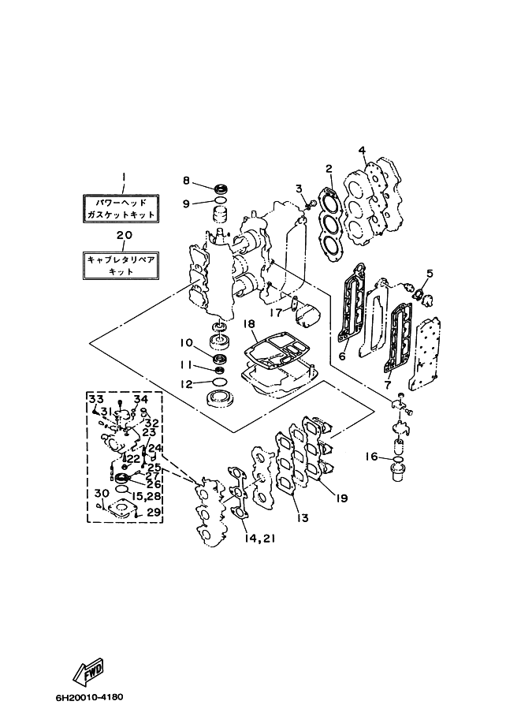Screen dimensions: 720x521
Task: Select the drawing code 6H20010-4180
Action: point(89,698)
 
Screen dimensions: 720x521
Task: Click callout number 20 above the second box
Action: point(122,235)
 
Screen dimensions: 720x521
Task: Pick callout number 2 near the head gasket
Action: point(329,168)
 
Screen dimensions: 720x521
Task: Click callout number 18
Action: point(248,324)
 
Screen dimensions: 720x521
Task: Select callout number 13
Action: point(302,518)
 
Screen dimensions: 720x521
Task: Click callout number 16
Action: point(372,456)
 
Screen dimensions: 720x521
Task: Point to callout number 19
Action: point(341,498)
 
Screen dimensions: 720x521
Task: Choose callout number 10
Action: point(185,342)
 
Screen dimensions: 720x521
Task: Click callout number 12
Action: point(185,384)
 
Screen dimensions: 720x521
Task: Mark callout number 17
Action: point(276,312)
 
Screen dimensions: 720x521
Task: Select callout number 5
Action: point(430,274)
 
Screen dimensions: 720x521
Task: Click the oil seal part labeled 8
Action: point(220,189)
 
